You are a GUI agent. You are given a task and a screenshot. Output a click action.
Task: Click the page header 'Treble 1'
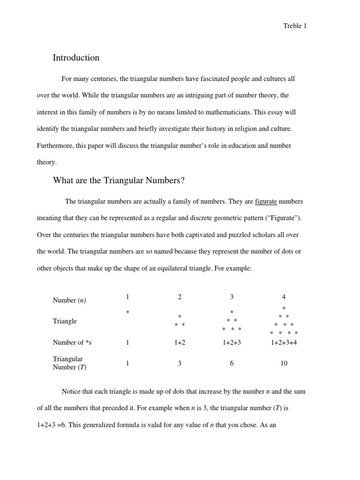point(295,26)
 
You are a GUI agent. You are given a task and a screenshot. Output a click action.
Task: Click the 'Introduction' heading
point(76,58)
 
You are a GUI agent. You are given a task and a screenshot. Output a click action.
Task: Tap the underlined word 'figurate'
point(266,202)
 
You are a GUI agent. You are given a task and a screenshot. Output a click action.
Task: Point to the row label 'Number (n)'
point(69,300)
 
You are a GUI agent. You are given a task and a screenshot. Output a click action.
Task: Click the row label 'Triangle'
point(65,321)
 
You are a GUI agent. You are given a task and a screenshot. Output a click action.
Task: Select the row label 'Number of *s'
point(72,343)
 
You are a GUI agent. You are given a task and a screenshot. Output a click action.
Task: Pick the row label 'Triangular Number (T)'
point(69,363)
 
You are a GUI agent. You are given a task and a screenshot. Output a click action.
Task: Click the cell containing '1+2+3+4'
point(284,343)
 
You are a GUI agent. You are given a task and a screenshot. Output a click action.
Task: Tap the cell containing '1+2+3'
point(232,343)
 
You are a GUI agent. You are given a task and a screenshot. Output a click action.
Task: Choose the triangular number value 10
point(284,363)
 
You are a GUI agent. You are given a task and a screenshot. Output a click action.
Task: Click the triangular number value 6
point(232,363)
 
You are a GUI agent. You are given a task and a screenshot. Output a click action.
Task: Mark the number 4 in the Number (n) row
point(284,297)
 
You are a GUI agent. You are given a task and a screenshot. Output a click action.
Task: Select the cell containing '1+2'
point(180,343)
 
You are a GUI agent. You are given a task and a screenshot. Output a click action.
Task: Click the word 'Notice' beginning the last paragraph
point(71,391)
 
